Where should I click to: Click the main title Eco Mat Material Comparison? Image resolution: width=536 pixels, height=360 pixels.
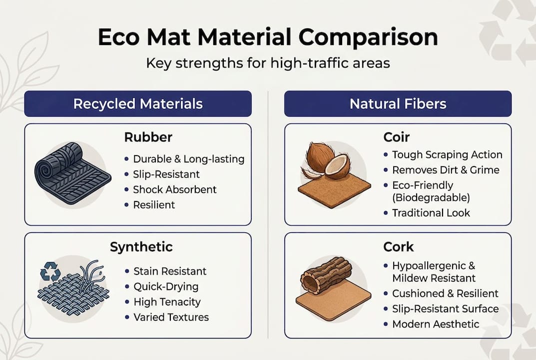tap(268, 38)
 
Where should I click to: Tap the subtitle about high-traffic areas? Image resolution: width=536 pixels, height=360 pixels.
tap(268, 64)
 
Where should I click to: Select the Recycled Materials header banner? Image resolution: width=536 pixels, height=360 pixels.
tap(138, 104)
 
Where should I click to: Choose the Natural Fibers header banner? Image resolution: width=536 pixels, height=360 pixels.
tap(398, 104)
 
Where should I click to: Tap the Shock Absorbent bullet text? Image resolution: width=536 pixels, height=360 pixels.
tap(174, 189)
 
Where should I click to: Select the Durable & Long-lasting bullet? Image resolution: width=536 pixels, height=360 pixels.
tap(188, 159)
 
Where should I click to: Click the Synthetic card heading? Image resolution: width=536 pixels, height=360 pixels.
tap(141, 246)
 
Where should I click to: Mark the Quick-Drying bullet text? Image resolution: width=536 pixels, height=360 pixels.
tap(166, 286)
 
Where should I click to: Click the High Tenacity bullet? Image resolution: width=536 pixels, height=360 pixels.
tap(167, 301)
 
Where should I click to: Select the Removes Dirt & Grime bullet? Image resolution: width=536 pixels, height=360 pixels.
tap(446, 170)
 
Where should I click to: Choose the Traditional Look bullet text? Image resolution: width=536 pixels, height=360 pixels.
tap(431, 212)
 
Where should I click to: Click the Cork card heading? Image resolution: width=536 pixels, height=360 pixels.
tap(398, 246)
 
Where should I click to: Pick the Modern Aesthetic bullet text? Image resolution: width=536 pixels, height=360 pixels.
tap(436, 324)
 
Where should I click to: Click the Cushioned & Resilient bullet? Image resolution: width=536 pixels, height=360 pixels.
tap(446, 293)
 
